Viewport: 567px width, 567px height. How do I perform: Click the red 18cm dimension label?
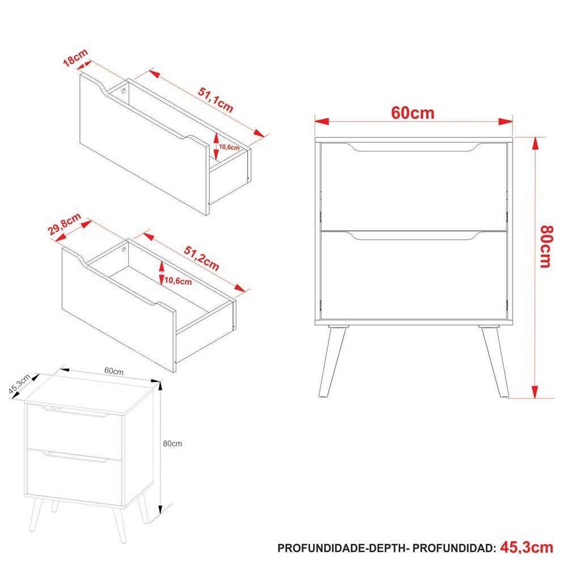(x=75, y=58)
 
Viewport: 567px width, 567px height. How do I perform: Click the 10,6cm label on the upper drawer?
(x=229, y=147)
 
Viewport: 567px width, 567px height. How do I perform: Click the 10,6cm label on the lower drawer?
(x=178, y=281)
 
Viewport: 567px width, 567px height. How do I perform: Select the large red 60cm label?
(x=413, y=113)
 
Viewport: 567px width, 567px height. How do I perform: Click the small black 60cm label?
(x=114, y=371)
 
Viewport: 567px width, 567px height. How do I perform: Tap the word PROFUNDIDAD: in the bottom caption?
(x=454, y=548)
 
